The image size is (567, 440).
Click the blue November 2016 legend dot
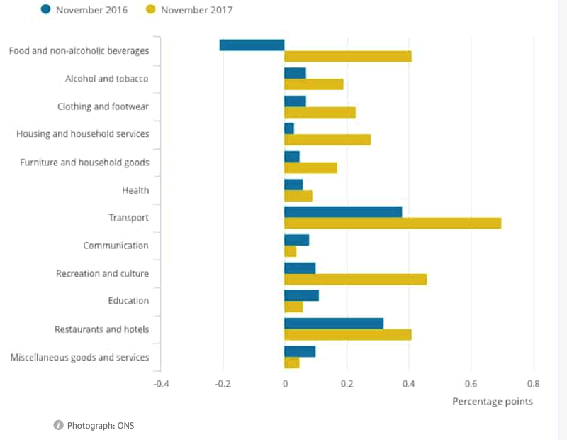46,10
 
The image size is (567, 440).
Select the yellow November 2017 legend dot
150,10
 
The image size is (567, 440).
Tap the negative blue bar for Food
252,45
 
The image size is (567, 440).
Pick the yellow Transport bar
393,224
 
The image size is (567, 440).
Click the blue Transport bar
343,212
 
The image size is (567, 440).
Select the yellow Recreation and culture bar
355,280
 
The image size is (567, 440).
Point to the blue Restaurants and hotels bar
334,324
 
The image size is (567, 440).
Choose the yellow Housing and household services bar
327,140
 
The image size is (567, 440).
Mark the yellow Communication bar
291,251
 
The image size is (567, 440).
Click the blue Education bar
301,295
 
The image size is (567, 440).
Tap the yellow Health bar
298,196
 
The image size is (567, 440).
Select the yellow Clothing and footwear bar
320,112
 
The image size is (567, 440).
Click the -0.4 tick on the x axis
162,384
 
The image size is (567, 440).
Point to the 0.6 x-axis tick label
471,384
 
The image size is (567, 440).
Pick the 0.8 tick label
533,384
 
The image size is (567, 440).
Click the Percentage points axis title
493,402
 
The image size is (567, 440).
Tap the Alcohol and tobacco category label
107,79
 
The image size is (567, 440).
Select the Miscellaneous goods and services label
80,357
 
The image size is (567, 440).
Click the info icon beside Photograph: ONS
58,425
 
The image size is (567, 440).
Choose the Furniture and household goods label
85,163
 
